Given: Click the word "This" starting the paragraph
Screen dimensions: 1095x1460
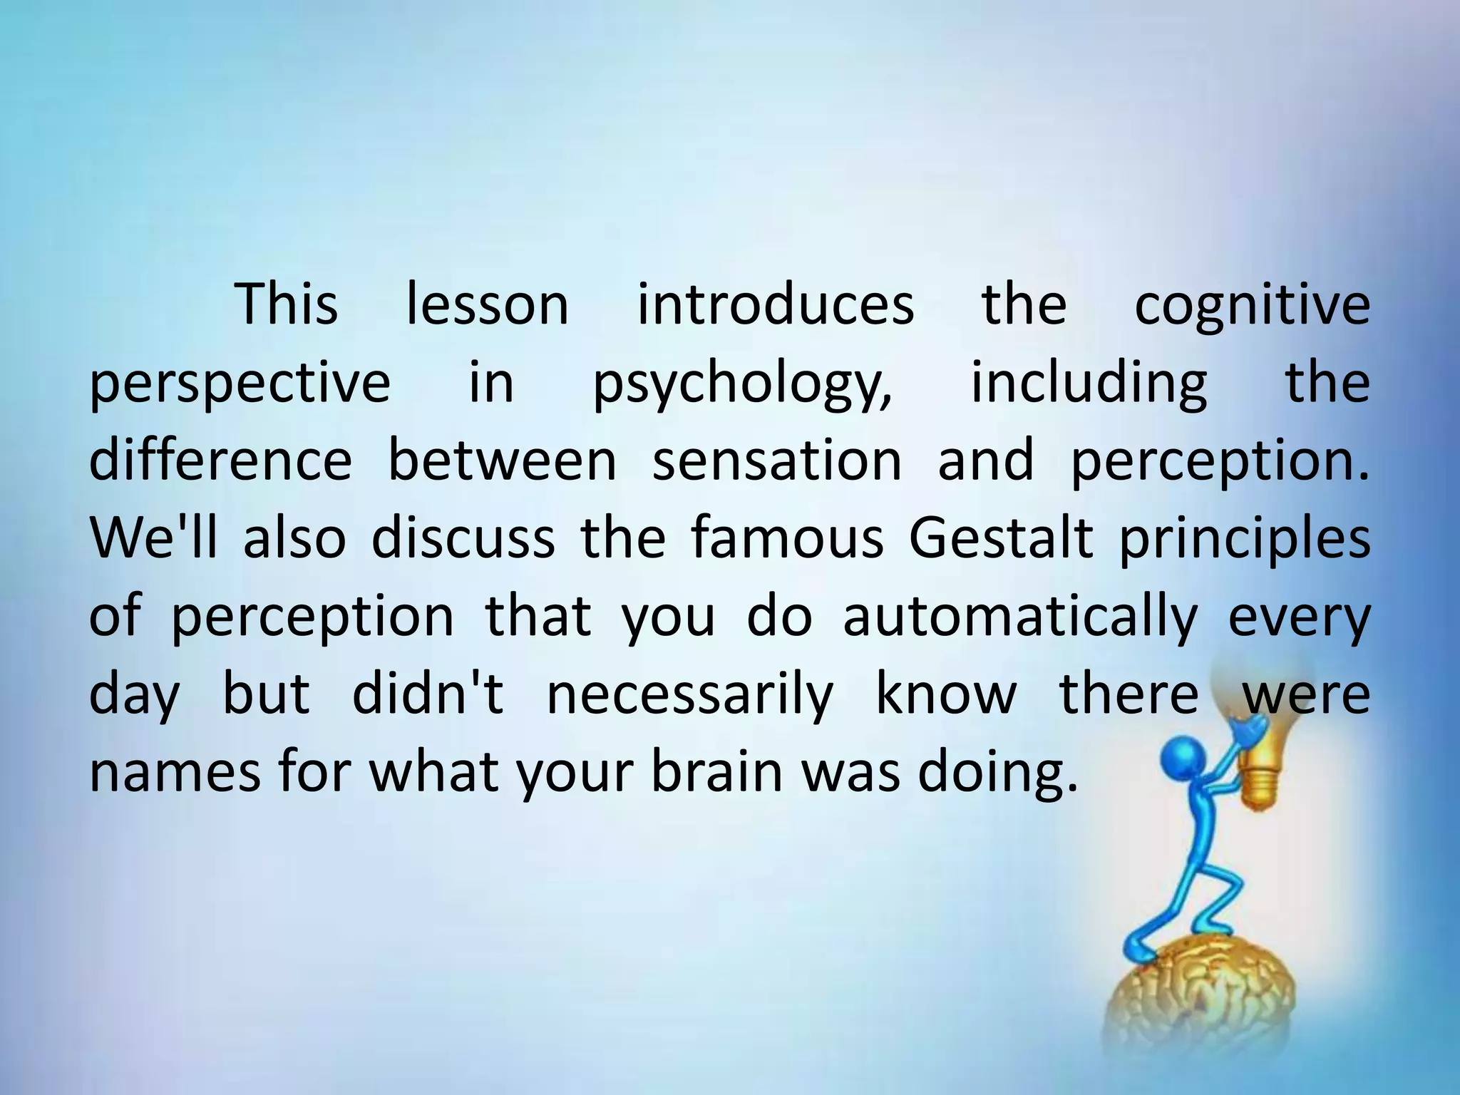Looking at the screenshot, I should [x=287, y=305].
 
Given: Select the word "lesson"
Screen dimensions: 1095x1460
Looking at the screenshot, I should [x=487, y=305].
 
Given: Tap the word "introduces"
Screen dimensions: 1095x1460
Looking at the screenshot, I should [x=775, y=305].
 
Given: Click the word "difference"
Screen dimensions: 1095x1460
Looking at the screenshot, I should [x=220, y=461].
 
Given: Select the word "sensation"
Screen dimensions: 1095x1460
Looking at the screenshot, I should [x=777, y=461].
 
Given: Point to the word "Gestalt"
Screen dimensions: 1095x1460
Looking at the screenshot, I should [x=1000, y=538].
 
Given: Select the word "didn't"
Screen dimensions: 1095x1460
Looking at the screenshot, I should [x=428, y=694].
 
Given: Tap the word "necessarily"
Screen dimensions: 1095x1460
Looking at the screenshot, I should [x=689, y=694].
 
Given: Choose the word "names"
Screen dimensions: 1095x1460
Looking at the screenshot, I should [x=175, y=772].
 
